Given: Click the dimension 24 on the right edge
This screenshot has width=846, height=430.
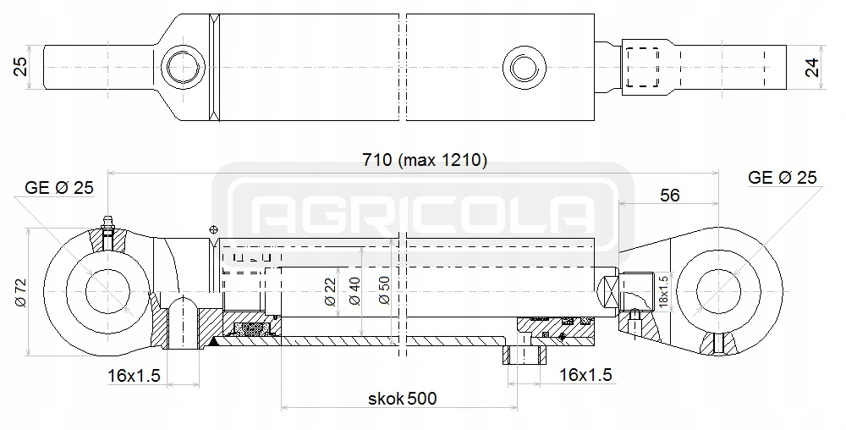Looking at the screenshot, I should click(x=813, y=66).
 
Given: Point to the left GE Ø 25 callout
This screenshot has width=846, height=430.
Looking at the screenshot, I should click(x=59, y=188).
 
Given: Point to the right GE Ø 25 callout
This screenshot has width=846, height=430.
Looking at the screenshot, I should click(x=783, y=177).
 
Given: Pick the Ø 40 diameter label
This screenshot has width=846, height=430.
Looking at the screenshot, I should click(x=356, y=289).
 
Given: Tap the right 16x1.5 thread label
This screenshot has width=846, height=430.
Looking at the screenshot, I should click(x=585, y=374).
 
